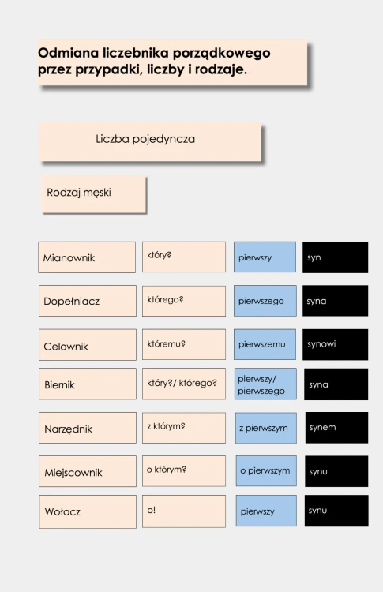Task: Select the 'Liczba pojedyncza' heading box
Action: point(150,141)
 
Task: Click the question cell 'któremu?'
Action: point(184,344)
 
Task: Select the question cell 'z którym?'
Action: point(184,428)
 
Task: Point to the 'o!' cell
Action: point(184,511)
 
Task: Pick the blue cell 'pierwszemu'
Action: point(265,344)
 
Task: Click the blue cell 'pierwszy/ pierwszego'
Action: point(265,384)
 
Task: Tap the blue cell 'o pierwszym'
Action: point(266,470)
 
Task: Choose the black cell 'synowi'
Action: point(335,344)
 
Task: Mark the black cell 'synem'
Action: point(336,428)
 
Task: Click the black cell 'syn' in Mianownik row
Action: point(335,257)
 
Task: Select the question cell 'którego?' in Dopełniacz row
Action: point(184,301)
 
